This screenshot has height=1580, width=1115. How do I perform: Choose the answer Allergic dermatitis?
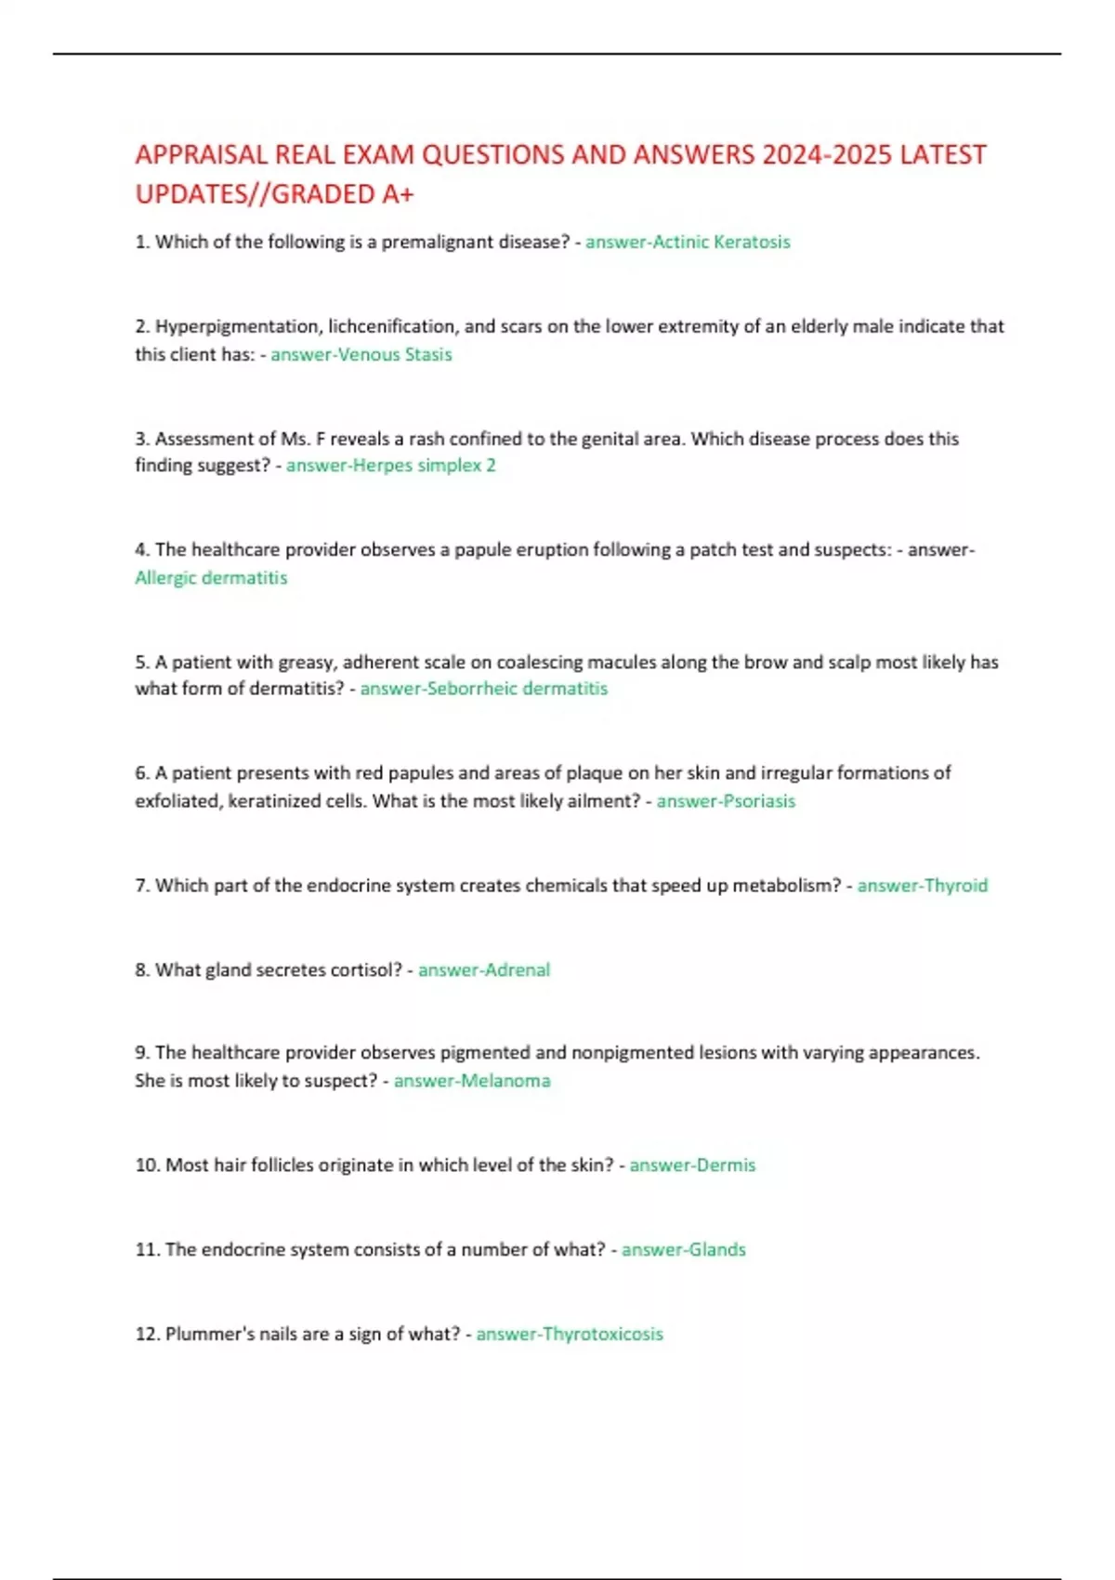[211, 577]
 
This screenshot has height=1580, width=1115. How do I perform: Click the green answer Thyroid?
[954, 886]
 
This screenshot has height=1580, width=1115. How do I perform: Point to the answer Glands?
[716, 1250]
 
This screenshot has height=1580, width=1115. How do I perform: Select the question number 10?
[147, 1165]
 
